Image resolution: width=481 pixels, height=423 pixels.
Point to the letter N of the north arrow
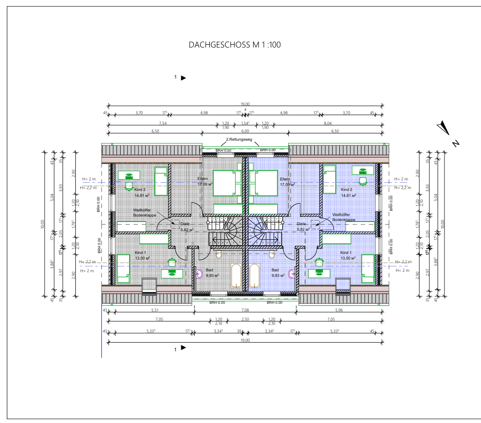coord(455,143)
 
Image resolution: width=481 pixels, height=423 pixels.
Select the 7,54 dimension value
coord(162,123)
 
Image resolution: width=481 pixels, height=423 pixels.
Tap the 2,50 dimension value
coord(245,319)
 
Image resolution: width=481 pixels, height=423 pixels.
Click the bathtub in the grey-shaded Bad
coord(237,276)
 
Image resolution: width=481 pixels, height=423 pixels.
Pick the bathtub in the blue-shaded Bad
coord(255,276)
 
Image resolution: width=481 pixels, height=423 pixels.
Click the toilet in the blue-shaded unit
coord(272,254)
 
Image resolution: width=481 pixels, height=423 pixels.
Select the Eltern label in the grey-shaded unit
coord(202,179)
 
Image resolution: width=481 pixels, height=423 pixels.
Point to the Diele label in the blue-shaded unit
coord(301,224)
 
